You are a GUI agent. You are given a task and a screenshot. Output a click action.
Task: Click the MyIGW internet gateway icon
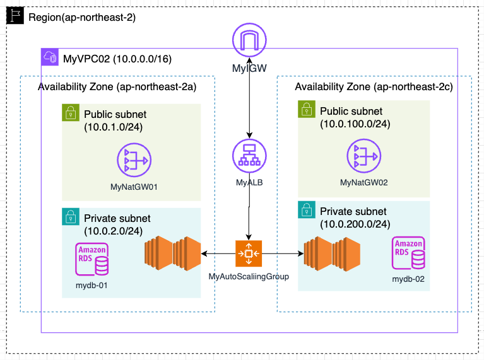click(251, 41)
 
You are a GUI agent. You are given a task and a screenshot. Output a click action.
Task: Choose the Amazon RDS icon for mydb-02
click(408, 252)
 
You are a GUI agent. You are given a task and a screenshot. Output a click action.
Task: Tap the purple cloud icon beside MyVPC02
click(49, 58)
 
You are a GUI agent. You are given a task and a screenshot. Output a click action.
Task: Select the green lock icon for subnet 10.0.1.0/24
click(69, 112)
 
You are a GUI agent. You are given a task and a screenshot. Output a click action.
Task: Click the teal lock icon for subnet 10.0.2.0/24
click(69, 216)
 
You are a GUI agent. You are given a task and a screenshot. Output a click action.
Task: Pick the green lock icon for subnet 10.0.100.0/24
click(306, 110)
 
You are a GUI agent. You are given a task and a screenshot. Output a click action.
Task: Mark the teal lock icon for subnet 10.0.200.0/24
click(306, 209)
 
